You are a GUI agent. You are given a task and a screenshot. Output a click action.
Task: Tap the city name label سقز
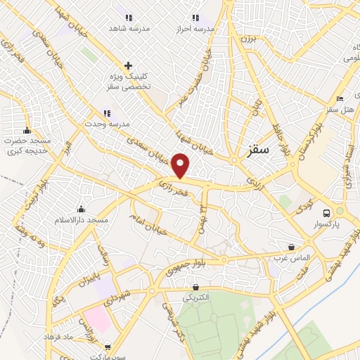tap(260, 150)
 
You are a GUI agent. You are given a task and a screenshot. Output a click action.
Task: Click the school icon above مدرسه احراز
tap(195, 17)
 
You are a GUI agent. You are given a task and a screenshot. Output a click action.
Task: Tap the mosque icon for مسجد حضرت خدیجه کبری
tap(27, 130)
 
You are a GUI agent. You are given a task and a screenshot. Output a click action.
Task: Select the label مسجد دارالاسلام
tap(82, 220)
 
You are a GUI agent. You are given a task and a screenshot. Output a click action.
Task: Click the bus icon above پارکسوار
tap(326, 212)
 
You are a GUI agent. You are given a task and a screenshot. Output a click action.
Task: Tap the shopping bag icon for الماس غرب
tap(291, 247)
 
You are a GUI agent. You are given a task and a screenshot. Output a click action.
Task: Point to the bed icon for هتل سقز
tap(340, 99)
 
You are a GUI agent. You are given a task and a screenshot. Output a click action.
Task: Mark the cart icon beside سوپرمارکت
tap(107, 346)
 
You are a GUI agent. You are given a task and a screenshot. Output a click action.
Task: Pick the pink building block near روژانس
tap(98, 321)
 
